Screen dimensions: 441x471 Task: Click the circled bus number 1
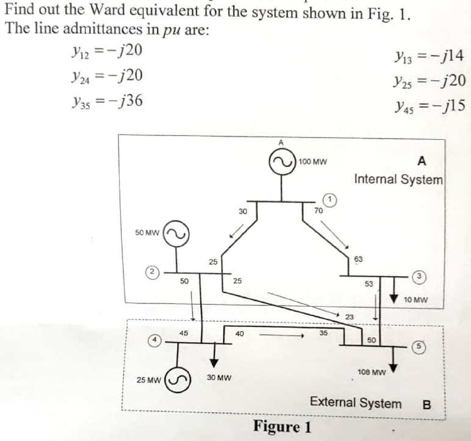click(329, 200)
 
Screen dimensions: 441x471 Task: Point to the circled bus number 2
click(150, 272)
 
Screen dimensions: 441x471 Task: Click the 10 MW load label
click(415, 300)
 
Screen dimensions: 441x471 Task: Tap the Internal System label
click(398, 180)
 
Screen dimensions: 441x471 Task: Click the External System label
click(356, 403)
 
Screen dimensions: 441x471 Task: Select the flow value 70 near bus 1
click(317, 210)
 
